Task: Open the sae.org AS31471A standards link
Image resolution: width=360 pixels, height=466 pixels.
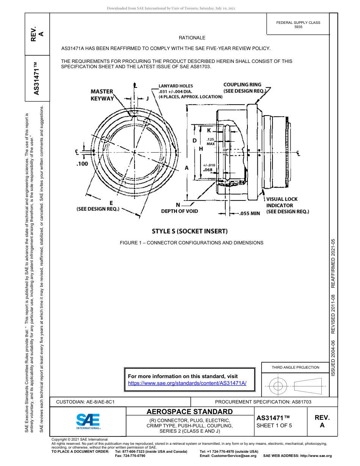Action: click(x=187, y=383)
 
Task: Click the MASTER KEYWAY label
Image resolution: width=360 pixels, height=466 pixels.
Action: click(x=102, y=95)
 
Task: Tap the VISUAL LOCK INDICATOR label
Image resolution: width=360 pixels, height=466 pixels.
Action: click(x=287, y=205)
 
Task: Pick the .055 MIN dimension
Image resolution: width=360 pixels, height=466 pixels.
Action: click(x=250, y=213)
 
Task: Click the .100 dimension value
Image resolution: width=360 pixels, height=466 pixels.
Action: click(x=82, y=164)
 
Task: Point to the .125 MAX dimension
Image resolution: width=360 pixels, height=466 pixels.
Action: click(x=211, y=142)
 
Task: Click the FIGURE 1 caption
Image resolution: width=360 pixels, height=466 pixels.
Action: click(x=191, y=242)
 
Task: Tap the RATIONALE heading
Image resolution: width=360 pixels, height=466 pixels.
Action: click(x=192, y=38)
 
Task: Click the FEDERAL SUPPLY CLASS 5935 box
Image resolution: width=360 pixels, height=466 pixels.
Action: click(x=298, y=25)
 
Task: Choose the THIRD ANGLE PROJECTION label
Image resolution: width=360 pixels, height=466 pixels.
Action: click(x=295, y=367)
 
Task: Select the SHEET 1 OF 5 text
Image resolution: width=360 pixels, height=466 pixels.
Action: click(x=274, y=425)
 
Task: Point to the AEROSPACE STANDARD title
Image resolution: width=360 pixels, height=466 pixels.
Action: click(x=189, y=412)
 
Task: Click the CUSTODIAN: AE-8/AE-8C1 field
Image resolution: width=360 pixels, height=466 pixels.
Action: click(x=85, y=402)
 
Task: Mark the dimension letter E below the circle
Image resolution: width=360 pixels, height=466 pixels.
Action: click(x=111, y=202)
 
